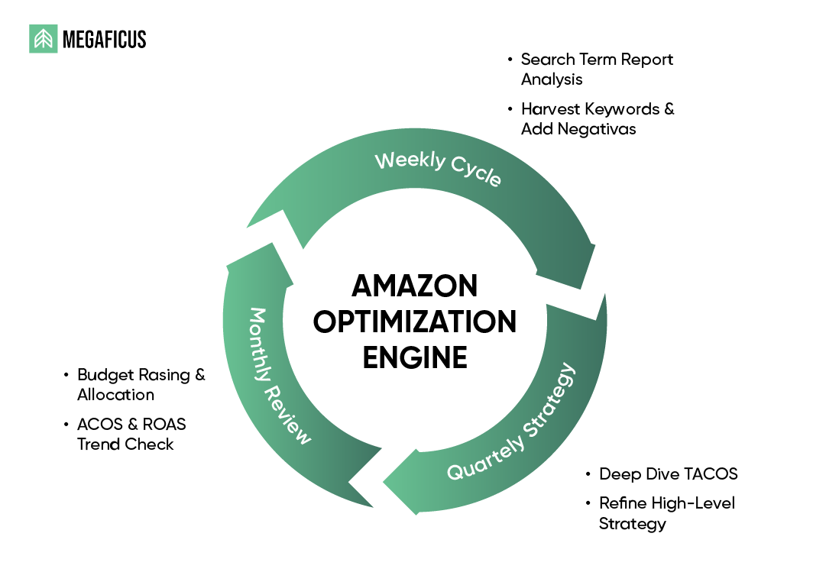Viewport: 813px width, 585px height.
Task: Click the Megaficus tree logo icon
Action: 43,39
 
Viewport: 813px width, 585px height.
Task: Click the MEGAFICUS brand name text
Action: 104,40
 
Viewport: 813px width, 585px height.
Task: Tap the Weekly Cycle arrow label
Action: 438,169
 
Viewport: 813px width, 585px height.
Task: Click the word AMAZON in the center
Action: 415,286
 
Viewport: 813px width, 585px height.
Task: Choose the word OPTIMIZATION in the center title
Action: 415,322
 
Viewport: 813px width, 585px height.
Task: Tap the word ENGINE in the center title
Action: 415,357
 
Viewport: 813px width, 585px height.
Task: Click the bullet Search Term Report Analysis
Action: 596,69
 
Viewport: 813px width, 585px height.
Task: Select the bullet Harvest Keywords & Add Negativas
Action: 597,118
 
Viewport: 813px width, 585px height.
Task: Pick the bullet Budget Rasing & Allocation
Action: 141,384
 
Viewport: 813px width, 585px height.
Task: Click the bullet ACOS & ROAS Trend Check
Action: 131,434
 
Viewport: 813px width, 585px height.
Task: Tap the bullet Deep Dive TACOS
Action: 668,474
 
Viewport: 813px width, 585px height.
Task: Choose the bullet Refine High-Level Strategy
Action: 666,513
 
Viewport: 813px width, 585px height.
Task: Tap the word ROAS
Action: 162,424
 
